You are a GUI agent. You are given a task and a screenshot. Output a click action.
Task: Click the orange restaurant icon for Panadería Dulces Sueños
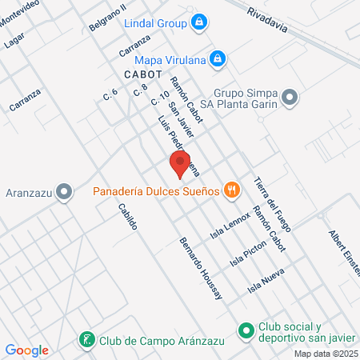[232, 190]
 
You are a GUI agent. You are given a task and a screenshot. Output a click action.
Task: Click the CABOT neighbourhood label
[144, 74]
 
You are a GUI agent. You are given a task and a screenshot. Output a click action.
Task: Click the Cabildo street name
[127, 217]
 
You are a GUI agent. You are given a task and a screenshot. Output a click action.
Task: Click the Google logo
[27, 350]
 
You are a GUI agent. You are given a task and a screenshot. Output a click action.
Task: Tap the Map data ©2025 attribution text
[326, 354]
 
